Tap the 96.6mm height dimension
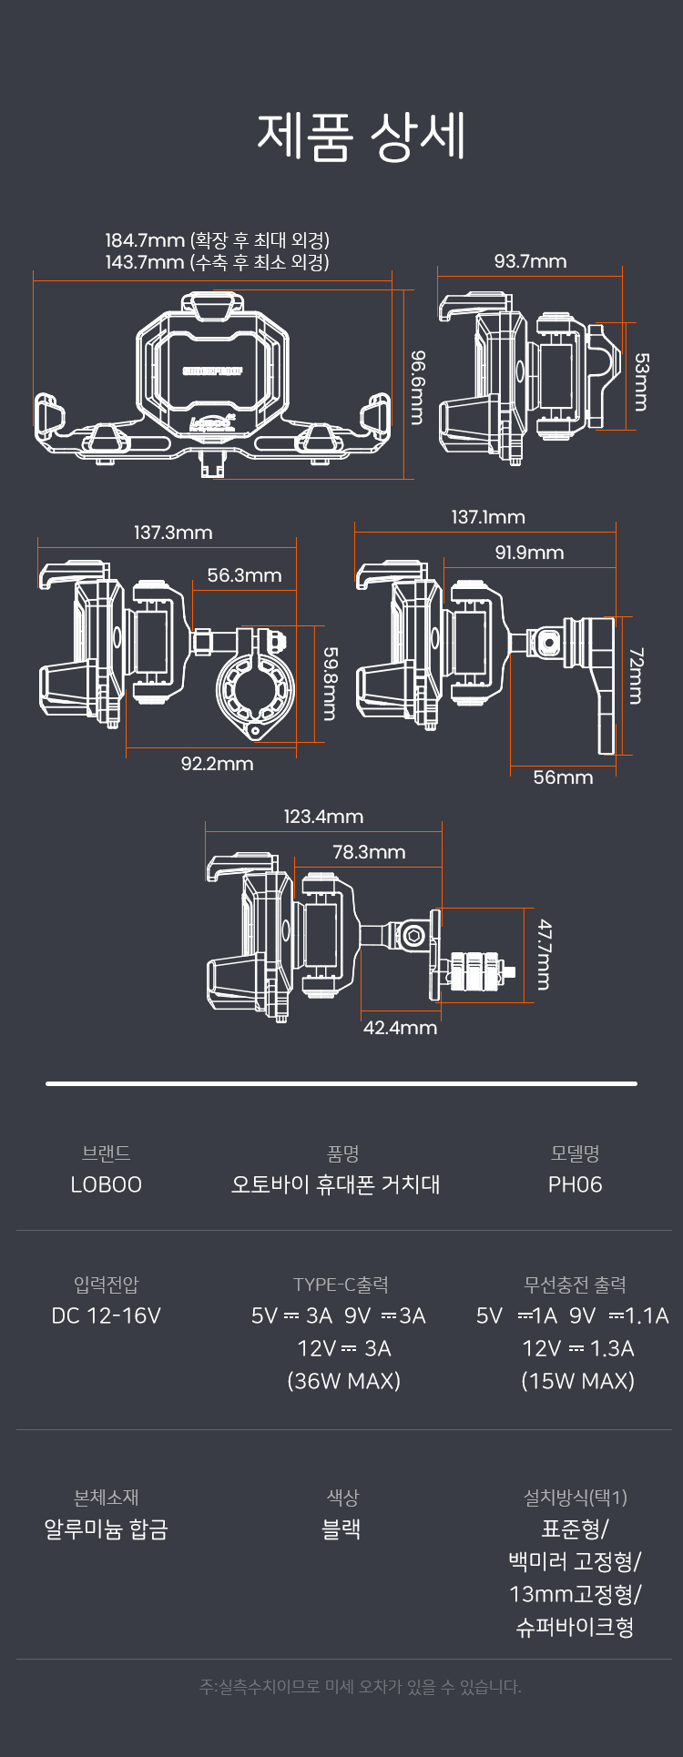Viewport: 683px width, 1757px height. coord(417,387)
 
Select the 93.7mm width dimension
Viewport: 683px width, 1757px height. coord(530,261)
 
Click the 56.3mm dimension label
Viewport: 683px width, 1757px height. coord(244,575)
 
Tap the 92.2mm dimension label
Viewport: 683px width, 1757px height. coord(217,764)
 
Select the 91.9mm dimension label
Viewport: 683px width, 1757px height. coord(529,553)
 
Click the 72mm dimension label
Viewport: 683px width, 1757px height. coord(636,675)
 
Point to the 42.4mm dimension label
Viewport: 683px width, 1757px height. coord(400,1028)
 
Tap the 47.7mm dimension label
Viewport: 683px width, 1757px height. coord(544,954)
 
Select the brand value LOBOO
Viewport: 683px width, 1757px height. coord(106,1184)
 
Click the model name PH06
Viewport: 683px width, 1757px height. coord(575,1184)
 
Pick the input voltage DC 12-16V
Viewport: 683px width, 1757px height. coord(106,1315)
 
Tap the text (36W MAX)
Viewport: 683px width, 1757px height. coord(343,1381)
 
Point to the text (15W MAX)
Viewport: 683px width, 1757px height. coord(577,1381)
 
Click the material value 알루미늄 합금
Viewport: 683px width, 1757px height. coord(106,1528)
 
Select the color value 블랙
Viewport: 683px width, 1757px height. coord(341,1528)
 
